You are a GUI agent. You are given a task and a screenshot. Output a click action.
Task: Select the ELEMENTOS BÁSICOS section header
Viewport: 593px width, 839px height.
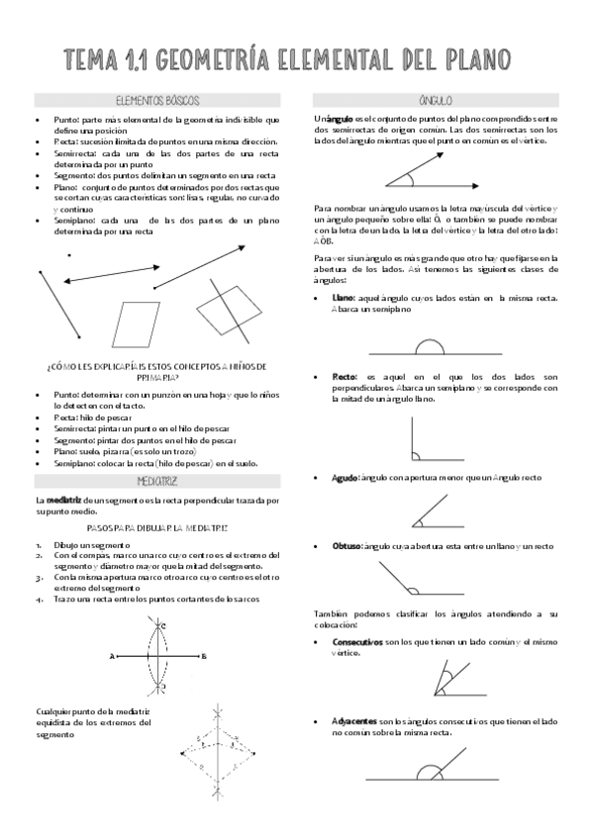[x=157, y=101]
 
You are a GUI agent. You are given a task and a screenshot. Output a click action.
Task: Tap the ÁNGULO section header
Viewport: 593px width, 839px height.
[x=436, y=101]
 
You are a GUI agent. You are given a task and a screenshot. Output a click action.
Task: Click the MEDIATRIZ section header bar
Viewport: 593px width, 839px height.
[x=157, y=481]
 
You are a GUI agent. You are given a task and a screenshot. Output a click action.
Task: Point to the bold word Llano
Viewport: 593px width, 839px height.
[x=344, y=298]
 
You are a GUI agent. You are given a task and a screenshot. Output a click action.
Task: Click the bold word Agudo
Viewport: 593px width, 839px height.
[x=346, y=478]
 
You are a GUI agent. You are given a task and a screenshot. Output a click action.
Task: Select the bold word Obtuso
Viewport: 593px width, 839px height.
[x=346, y=546]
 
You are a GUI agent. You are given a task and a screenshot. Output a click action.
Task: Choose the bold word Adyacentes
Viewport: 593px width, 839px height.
[x=352, y=721]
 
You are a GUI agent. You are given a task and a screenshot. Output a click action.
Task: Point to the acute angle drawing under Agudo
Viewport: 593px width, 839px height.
[x=433, y=512]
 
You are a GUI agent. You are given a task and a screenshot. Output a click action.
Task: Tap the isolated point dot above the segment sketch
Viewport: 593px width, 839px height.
[x=68, y=255]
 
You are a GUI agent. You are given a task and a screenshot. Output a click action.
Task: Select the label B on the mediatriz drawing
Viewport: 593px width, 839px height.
[x=203, y=655]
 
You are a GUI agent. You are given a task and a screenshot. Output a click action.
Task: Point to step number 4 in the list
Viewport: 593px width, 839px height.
[x=38, y=599]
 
